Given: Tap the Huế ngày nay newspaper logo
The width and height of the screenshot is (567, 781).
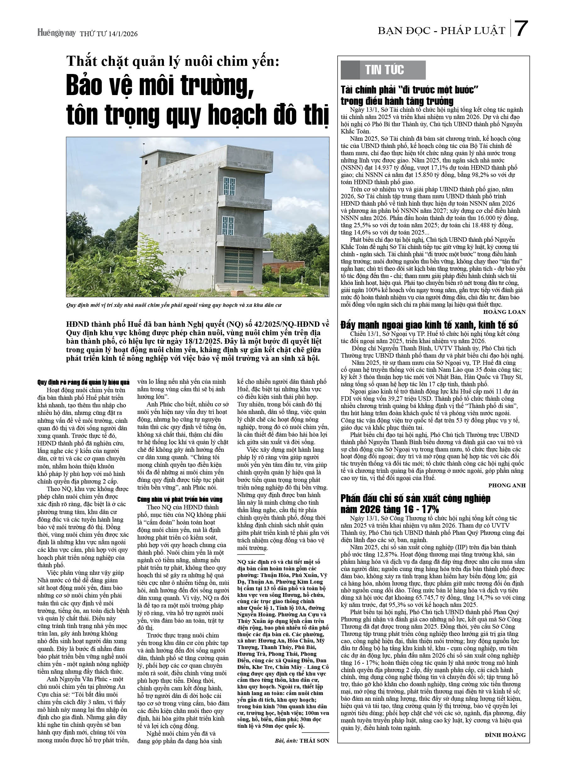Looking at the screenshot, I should coord(56,33).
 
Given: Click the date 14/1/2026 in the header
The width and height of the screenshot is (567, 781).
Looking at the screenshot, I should coord(123,34).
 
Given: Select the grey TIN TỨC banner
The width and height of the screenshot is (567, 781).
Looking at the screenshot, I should coord(383,70).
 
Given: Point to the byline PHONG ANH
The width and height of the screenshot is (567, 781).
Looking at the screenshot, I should coord(507,485).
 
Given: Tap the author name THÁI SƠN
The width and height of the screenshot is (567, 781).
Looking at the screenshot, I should coord(314,740).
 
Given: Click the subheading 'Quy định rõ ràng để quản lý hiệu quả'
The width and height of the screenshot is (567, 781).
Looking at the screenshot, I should coord(83,382).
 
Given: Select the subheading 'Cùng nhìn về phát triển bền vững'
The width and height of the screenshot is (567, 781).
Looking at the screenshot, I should coord(180,499).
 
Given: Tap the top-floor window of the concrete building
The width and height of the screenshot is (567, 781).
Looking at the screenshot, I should coord(229,186).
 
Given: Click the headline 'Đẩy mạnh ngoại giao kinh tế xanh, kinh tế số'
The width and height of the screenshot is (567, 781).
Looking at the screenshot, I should coord(429,325).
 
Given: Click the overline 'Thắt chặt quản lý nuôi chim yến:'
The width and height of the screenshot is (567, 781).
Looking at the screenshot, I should coord(172,61).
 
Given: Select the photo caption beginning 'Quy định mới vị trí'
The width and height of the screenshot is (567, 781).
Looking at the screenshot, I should coord(174,305).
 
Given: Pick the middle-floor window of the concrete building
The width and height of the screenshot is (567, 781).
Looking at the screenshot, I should coord(228,225).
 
